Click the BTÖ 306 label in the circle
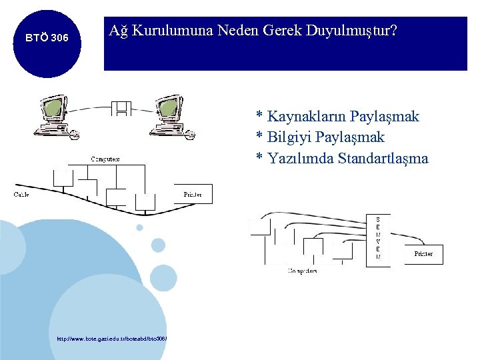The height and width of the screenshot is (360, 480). (46, 39)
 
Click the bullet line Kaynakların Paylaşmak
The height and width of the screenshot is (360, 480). (338, 117)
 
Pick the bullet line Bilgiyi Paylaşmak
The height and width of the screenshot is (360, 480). (321, 137)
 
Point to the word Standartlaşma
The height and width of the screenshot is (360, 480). (383, 159)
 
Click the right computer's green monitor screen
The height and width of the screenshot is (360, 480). (168, 107)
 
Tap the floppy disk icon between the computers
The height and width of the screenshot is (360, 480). (121, 108)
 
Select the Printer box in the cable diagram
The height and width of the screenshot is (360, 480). (193, 194)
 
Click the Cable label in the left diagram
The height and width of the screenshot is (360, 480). (21, 195)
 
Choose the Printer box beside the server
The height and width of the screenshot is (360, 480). (423, 254)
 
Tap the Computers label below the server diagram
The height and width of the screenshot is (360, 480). (302, 271)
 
